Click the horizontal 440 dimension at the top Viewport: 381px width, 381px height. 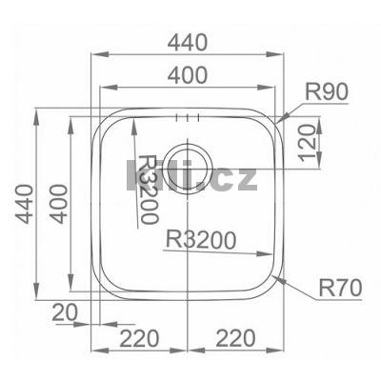coord(190,41)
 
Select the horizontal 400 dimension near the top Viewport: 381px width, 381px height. coord(190,74)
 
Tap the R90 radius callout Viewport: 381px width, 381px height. coord(328,92)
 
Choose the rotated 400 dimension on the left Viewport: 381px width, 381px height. coord(58,203)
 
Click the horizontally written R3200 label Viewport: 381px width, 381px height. coord(200,240)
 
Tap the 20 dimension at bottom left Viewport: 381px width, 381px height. coord(66,311)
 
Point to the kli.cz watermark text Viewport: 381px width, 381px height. coord(190,175)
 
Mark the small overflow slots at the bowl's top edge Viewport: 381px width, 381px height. coord(188,119)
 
